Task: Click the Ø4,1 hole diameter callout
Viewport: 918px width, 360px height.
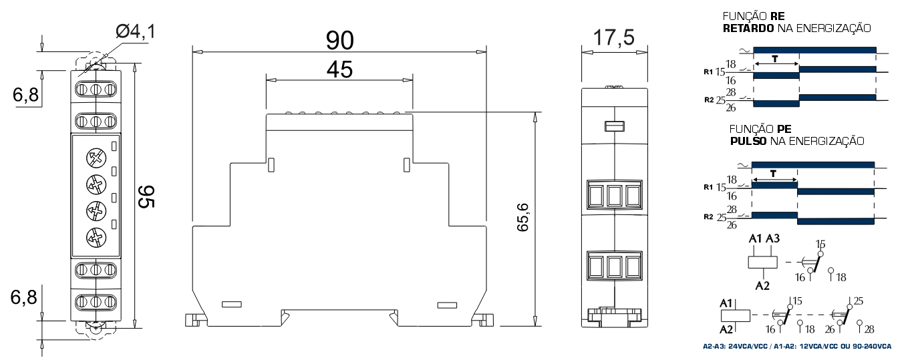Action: [x=136, y=31]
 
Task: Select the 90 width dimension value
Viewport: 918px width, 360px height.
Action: [x=340, y=40]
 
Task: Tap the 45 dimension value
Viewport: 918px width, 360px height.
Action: [x=340, y=69]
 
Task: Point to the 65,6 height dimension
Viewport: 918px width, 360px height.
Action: [x=523, y=217]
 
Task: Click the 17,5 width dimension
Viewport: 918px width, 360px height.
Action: [x=614, y=37]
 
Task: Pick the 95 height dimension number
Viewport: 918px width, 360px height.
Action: [x=146, y=196]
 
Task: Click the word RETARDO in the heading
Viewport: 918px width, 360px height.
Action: [x=748, y=28]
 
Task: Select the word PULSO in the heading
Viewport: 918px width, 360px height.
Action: [x=748, y=142]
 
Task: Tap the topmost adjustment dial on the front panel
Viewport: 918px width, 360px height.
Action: [x=96, y=158]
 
